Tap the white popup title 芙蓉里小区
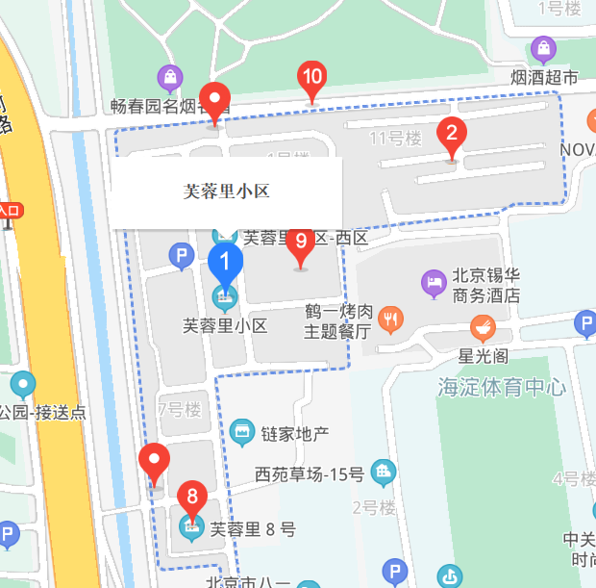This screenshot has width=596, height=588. point(226,191)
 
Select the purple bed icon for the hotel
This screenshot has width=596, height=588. point(434,283)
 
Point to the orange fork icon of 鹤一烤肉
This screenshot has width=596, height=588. point(390,319)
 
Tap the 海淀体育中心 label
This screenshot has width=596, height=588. point(501,388)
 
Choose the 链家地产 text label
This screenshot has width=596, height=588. point(294,433)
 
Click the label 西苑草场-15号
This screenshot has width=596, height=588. point(310,473)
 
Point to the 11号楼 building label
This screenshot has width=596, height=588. point(396,139)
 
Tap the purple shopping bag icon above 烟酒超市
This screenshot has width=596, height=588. point(543,48)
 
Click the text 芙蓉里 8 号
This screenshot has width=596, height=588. point(253,528)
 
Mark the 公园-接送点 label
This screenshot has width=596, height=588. point(43,413)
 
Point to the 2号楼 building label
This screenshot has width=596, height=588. point(374,507)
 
